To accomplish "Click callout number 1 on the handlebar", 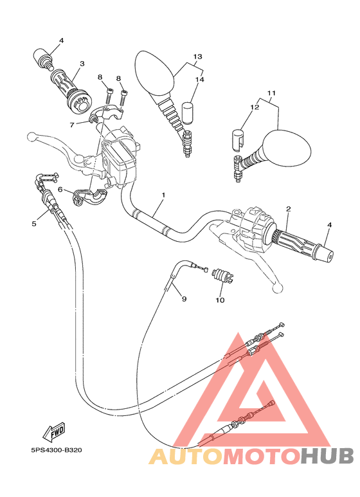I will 164,194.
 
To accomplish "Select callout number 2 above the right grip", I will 289,209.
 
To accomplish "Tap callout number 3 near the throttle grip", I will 82,64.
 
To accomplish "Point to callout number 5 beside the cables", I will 33,224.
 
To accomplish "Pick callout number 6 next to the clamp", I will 60,190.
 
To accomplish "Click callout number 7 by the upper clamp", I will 73,124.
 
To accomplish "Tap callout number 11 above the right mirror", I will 271,93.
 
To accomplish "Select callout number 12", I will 255,107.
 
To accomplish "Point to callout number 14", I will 199,80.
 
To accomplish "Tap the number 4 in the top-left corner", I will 62,41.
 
